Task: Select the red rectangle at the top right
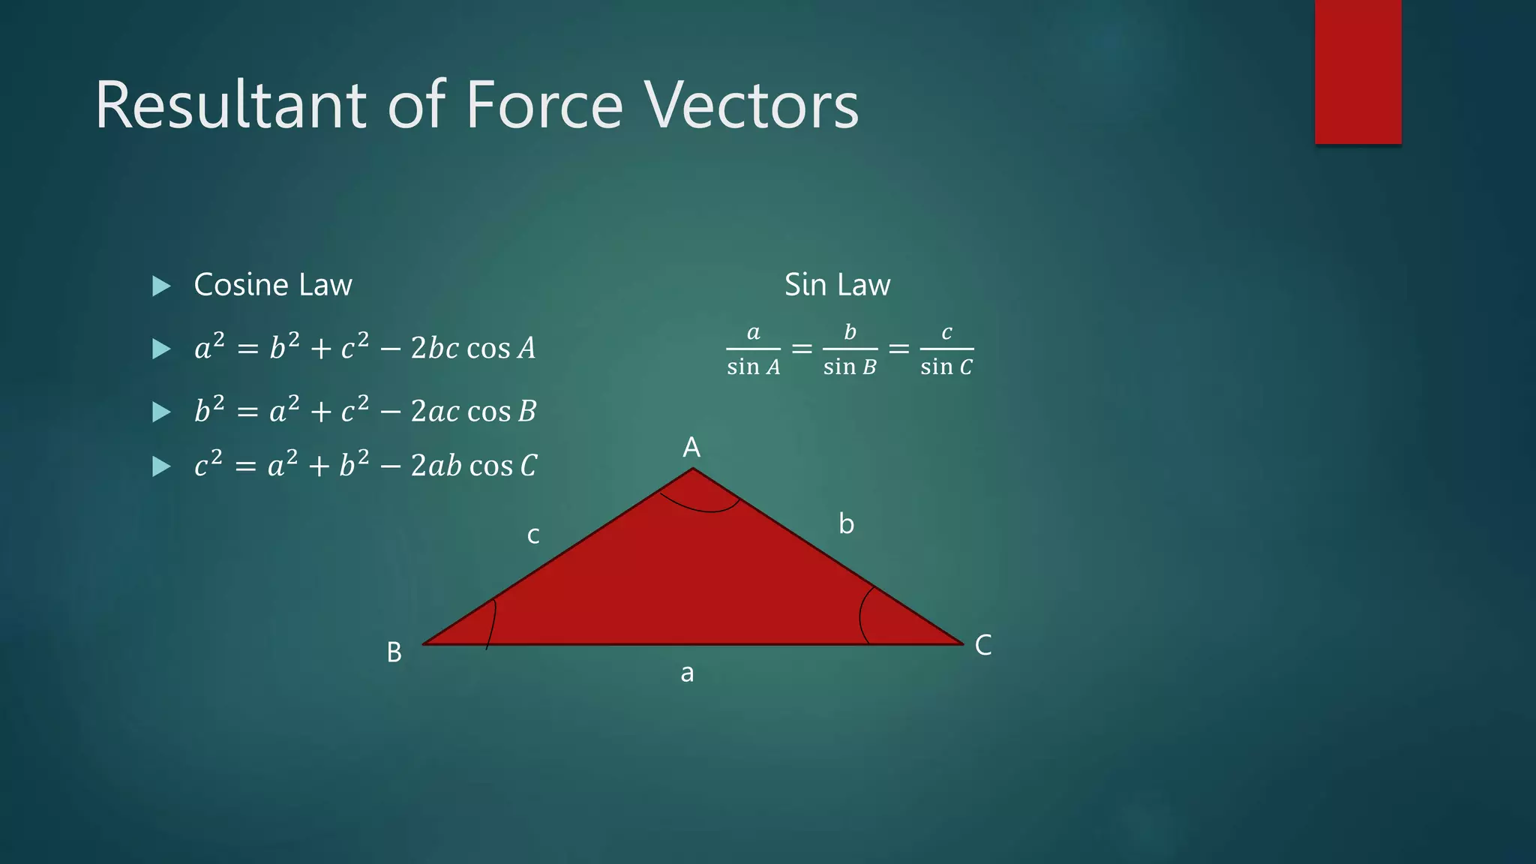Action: (x=1357, y=71)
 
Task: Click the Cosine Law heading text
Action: (x=273, y=285)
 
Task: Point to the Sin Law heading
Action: (x=837, y=285)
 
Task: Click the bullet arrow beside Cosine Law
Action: (x=161, y=286)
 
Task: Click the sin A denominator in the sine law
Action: (x=753, y=367)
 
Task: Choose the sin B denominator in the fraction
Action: (x=850, y=367)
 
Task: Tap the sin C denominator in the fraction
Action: (x=946, y=367)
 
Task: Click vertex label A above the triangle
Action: (x=691, y=448)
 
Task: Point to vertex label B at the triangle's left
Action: (x=394, y=652)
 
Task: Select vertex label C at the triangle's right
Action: (x=983, y=645)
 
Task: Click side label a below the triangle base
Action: (x=687, y=673)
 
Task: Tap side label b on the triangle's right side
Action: (x=846, y=523)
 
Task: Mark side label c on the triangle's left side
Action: (x=533, y=535)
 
